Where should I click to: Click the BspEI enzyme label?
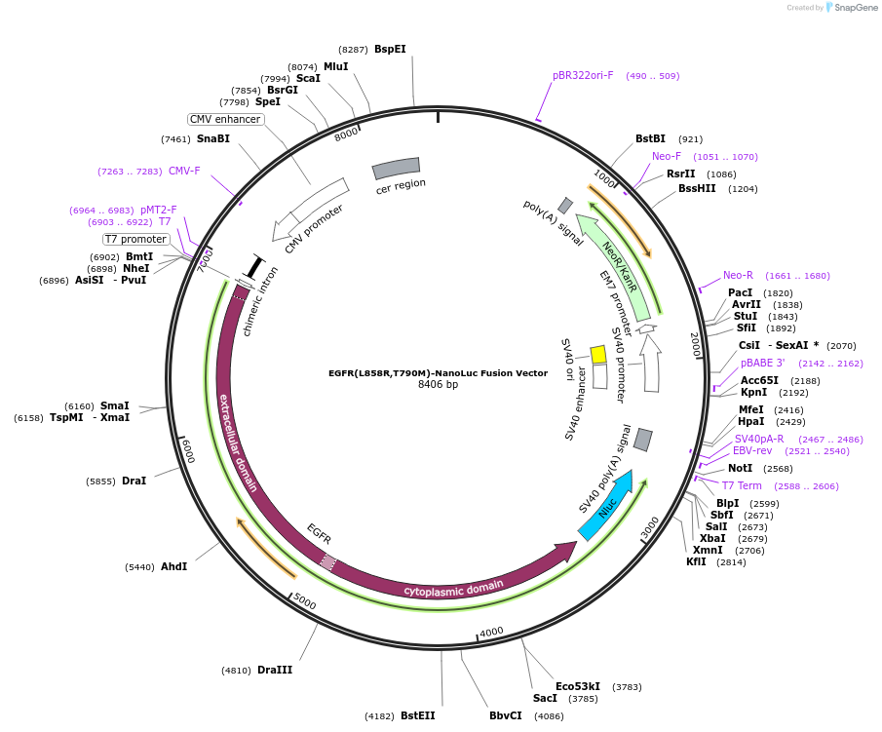coord(390,49)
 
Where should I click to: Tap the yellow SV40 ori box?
coord(598,354)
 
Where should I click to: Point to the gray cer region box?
coord(397,168)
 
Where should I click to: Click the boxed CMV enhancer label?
coord(225,120)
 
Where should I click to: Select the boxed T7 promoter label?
coord(136,239)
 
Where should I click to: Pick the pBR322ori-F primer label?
coord(583,75)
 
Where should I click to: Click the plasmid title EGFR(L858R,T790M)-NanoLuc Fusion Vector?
coord(438,372)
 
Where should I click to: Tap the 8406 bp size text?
coord(438,385)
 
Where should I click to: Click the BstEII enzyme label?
coord(417,715)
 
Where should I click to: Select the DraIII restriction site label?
coord(275,670)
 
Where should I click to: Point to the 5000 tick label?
coord(305,603)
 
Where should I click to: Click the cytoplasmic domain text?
coord(453,586)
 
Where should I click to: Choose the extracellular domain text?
coord(239,443)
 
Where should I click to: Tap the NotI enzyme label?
coord(740,468)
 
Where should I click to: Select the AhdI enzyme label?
coord(173,566)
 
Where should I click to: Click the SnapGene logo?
coord(846,8)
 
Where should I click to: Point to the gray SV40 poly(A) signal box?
coord(642,440)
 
